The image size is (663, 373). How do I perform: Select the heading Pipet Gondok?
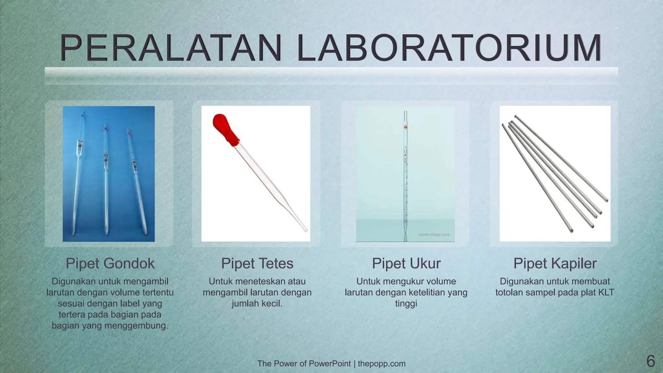[110, 264]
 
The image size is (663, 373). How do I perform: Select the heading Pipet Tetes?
[257, 264]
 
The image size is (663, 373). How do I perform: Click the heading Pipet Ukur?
[406, 264]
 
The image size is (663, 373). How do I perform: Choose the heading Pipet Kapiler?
[555, 264]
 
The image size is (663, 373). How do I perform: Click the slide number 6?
[650, 361]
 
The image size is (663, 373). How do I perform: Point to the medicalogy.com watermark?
[433, 234]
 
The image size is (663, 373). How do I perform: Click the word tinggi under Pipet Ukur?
[406, 303]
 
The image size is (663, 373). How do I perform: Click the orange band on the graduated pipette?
[405, 128]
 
